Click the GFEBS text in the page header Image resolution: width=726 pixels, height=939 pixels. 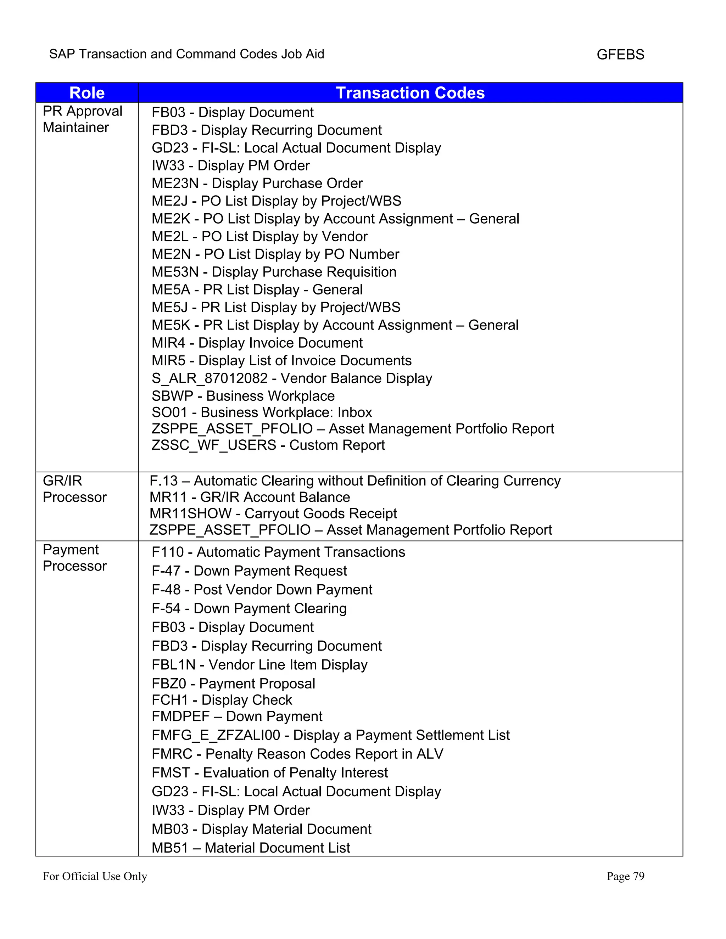[620, 55]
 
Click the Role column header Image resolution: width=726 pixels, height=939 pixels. [87, 93]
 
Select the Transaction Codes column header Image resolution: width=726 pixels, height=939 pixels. [410, 93]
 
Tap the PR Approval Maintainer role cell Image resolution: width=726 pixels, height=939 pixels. [82, 119]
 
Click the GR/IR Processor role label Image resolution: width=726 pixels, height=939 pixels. [74, 489]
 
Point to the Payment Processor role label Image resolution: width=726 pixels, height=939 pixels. [74, 558]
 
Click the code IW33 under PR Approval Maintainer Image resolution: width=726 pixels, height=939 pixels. [168, 165]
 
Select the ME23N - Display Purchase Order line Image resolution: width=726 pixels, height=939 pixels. [257, 183]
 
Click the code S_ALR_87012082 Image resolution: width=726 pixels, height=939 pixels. [210, 378]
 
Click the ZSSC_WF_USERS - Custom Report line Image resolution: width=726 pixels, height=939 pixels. [268, 445]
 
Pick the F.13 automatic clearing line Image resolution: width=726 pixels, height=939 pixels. [355, 481]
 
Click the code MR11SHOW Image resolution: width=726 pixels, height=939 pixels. [190, 513]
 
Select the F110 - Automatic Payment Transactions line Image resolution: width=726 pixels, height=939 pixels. [278, 552]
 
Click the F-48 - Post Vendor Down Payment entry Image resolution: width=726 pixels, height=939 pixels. [262, 590]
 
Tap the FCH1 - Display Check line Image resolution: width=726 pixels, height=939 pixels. [222, 700]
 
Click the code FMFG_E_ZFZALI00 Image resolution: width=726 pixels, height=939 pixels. [216, 735]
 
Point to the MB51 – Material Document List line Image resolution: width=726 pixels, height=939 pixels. [251, 848]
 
